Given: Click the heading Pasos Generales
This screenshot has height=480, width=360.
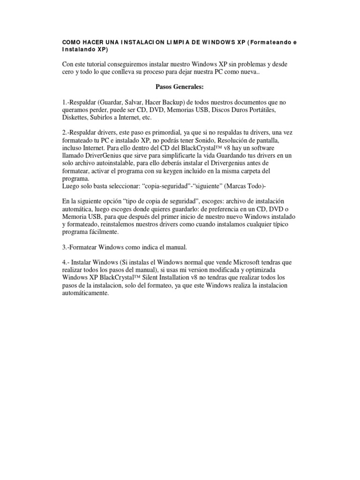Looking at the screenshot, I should coord(180,87).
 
